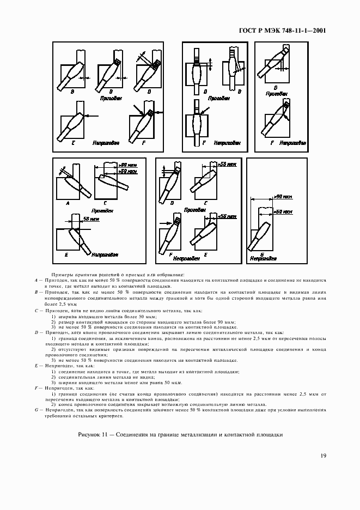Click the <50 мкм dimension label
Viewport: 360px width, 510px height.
point(227,216)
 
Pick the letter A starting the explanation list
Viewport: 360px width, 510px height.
point(35,279)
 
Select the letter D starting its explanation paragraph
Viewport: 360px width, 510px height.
point(35,332)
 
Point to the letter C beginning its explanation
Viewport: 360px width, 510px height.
point(35,310)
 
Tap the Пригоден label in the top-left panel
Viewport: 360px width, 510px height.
point(111,99)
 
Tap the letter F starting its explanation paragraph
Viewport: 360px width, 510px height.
point(35,388)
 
